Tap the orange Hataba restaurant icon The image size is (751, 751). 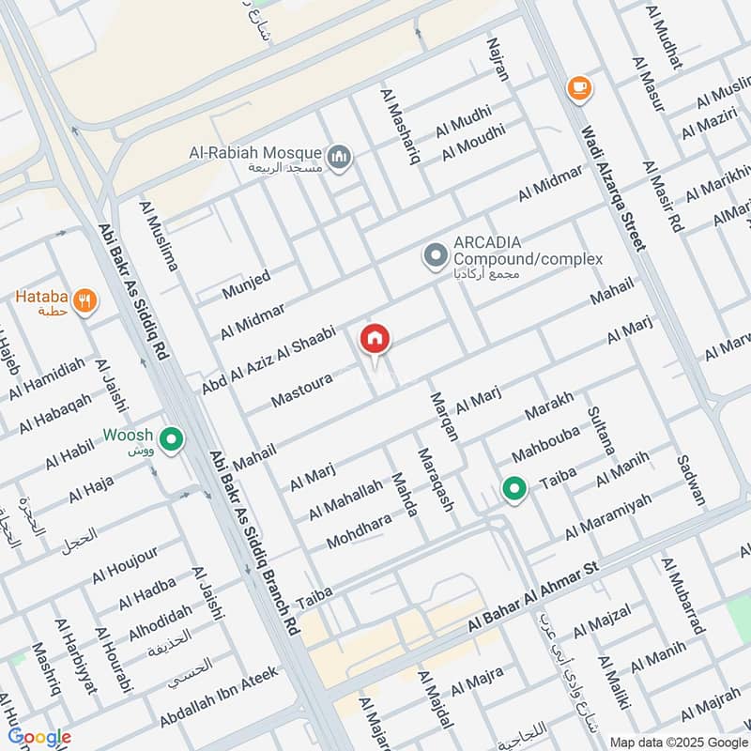tap(85, 301)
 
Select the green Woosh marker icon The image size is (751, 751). tap(171, 438)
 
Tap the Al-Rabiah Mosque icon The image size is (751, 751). tap(340, 154)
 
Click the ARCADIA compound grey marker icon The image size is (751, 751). tap(435, 254)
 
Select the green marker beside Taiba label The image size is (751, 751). tap(513, 488)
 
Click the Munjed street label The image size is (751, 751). tap(246, 285)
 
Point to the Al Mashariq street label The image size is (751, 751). tap(400, 126)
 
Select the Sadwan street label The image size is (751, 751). tap(690, 482)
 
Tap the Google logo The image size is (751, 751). tap(38, 737)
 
